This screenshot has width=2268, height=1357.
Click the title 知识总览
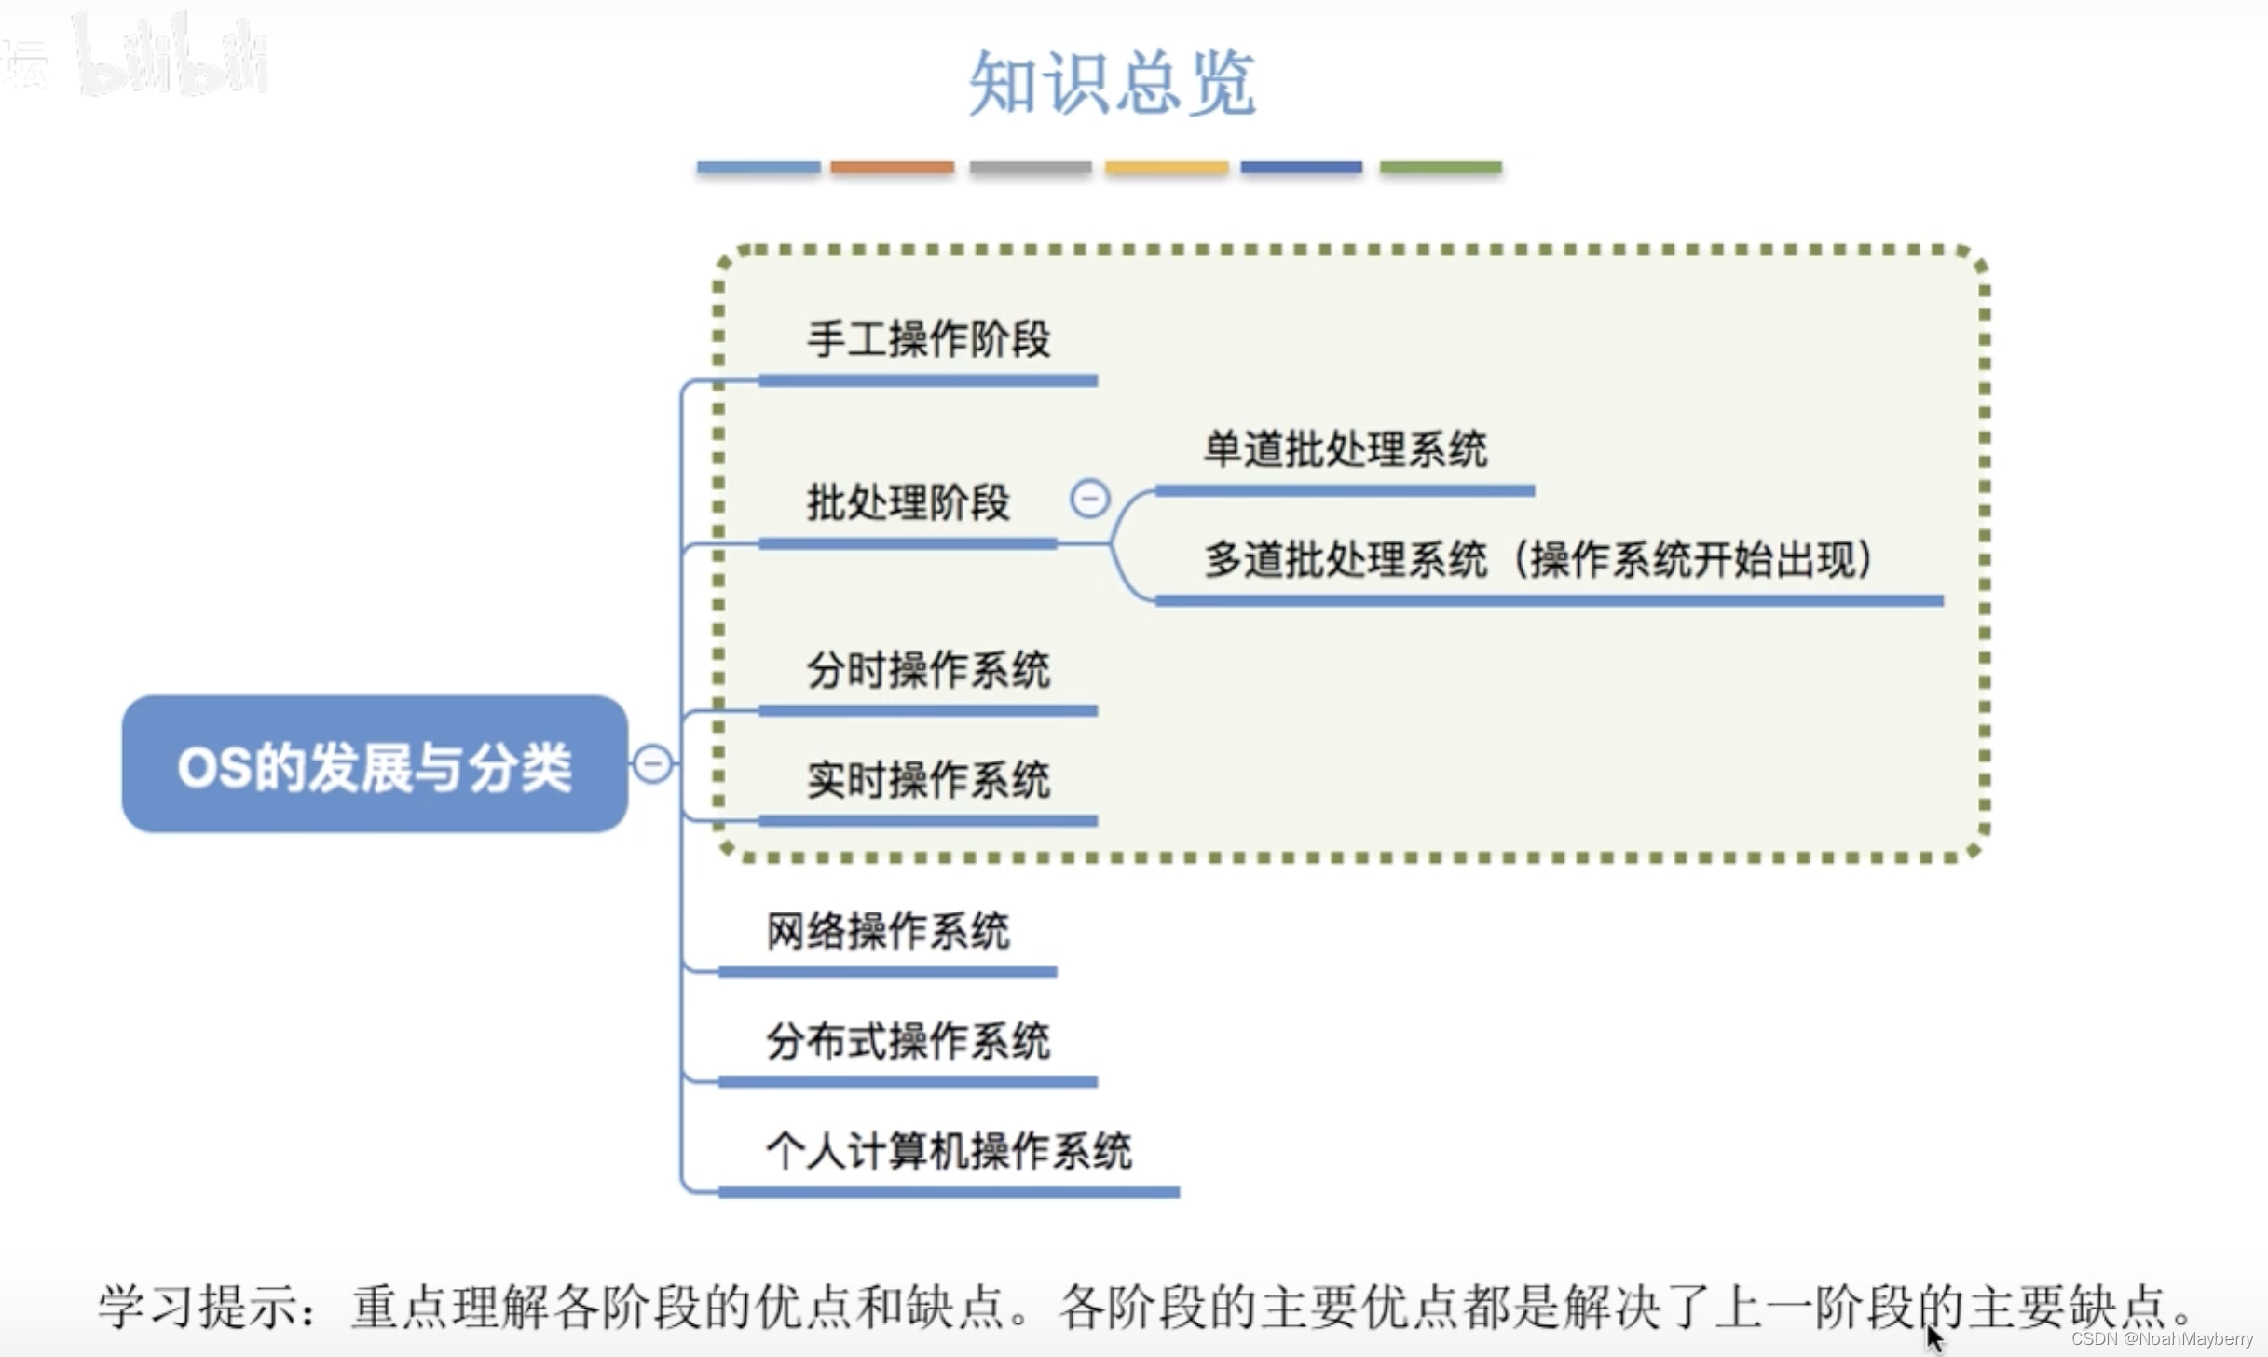point(1113,83)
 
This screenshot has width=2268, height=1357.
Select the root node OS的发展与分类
point(375,764)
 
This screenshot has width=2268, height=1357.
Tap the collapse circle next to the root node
point(652,764)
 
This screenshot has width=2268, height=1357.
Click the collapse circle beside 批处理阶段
point(1089,499)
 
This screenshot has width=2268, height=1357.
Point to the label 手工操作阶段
point(928,338)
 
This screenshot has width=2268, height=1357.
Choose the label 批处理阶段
point(908,503)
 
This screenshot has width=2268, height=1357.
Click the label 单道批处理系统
point(1345,449)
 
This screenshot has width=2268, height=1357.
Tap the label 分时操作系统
point(928,670)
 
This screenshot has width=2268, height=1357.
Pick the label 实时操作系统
point(928,780)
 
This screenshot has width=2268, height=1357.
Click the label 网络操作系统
point(887,931)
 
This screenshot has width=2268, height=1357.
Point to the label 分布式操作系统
point(908,1041)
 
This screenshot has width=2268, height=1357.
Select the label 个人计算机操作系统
point(949,1151)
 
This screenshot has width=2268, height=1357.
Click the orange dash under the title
point(892,168)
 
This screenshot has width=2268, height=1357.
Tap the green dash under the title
point(1440,168)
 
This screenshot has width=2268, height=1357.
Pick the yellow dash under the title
point(1166,168)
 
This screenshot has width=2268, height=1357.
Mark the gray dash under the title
point(1030,168)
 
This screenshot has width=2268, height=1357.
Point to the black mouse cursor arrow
point(1933,1338)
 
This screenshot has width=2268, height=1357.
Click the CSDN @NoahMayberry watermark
point(2161,1339)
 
